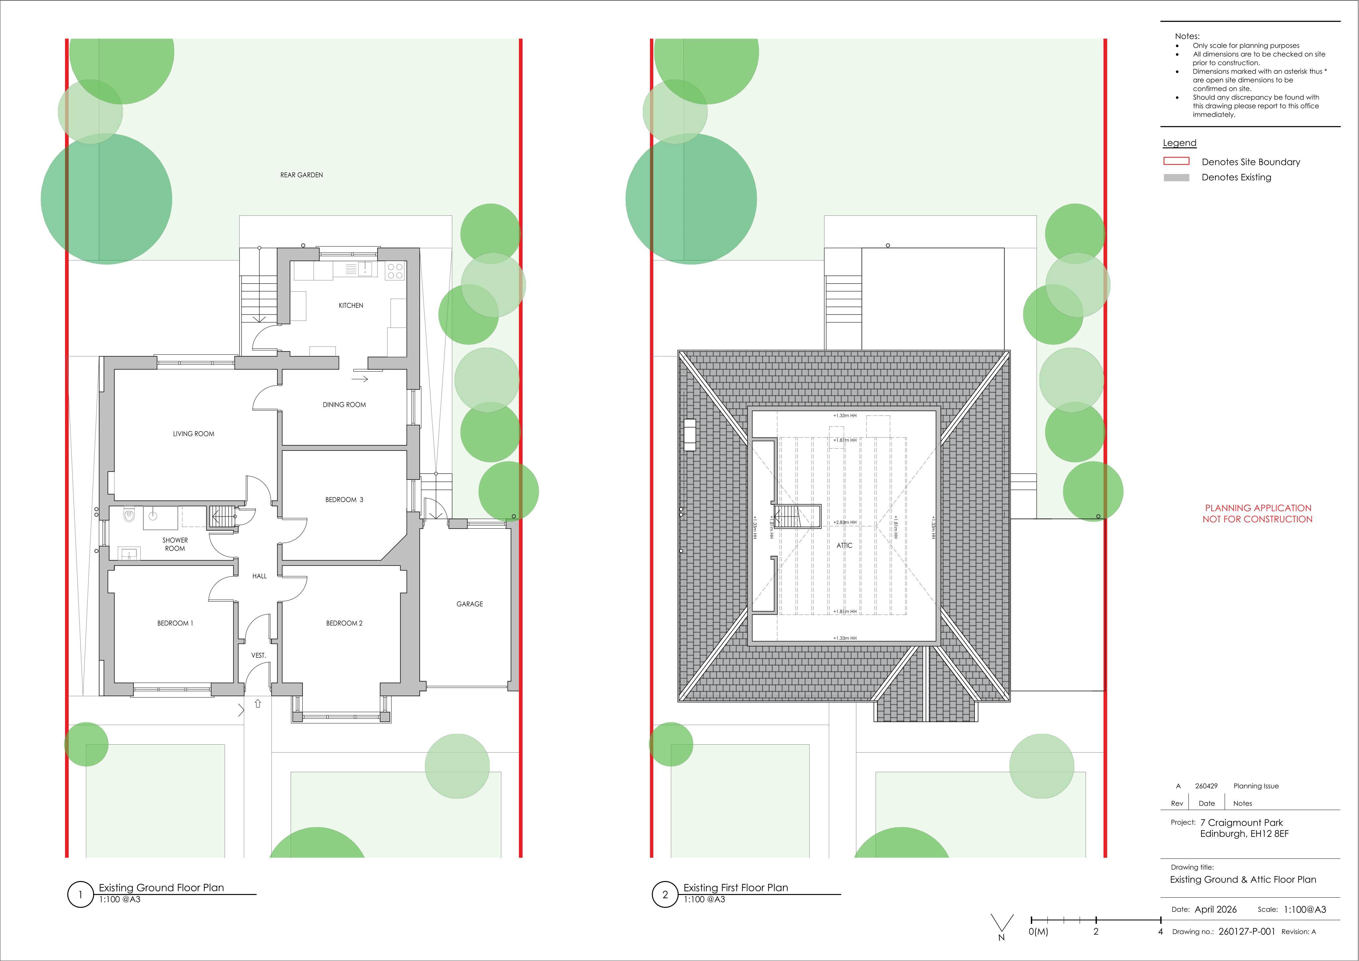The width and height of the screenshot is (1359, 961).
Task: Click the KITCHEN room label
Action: (x=351, y=306)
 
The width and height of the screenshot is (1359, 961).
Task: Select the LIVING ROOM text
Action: (x=193, y=434)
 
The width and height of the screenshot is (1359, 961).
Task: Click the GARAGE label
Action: (x=469, y=604)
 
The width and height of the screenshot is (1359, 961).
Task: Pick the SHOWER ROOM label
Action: (x=175, y=544)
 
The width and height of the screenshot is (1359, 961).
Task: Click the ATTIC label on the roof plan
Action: (x=845, y=545)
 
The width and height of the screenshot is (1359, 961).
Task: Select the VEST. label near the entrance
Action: (x=259, y=655)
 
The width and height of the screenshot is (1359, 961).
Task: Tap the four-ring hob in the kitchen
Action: (x=395, y=271)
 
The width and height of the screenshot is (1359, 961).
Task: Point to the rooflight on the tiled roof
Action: (x=689, y=435)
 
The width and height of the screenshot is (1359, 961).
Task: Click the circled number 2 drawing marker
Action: (x=665, y=895)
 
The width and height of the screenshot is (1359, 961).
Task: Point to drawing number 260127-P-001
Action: (x=1247, y=931)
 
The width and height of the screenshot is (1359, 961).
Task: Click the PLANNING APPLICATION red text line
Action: (x=1258, y=508)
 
